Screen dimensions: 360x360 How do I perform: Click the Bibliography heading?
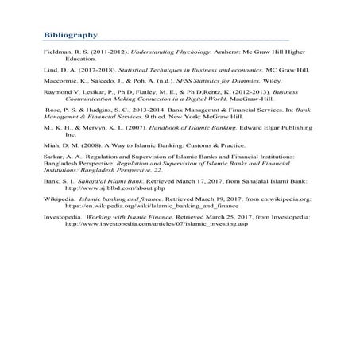(71, 35)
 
